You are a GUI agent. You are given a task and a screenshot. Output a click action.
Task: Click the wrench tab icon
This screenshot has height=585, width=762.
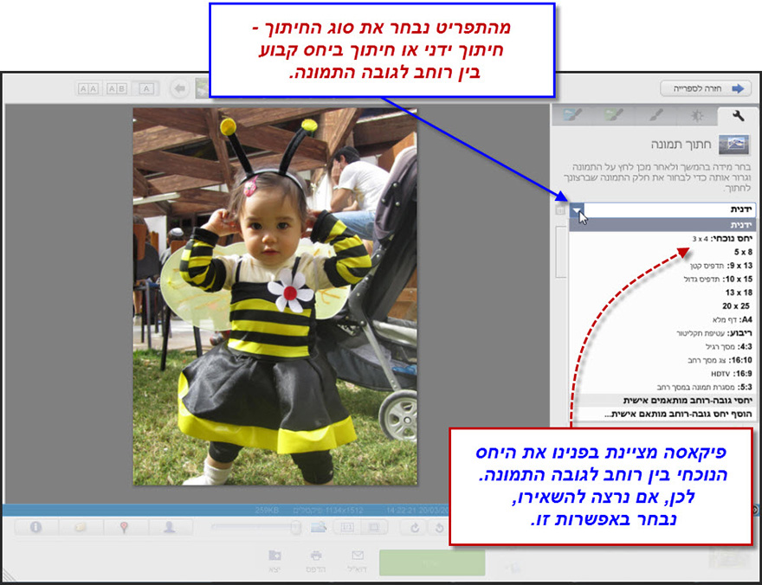(x=738, y=116)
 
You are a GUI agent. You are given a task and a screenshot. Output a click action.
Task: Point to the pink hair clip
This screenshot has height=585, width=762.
(x=250, y=187)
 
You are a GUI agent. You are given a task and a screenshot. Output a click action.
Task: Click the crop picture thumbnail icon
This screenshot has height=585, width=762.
(x=734, y=145)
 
